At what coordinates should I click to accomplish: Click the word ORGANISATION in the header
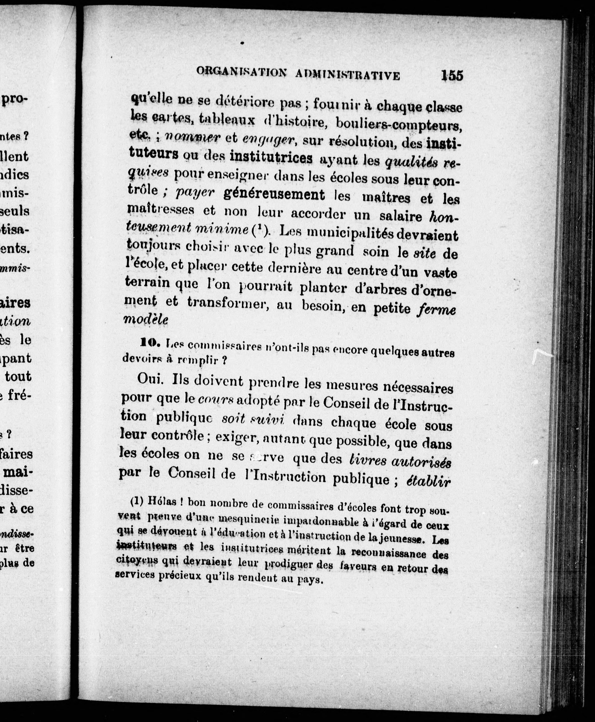pos(241,72)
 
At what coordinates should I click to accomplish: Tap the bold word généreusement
pos(274,194)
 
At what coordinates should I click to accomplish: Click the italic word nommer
pos(192,137)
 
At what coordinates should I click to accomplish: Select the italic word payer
pos(195,193)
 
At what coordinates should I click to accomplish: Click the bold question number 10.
pos(148,342)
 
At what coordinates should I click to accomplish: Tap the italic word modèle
pos(146,319)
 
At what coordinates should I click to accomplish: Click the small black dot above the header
pos(242,43)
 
